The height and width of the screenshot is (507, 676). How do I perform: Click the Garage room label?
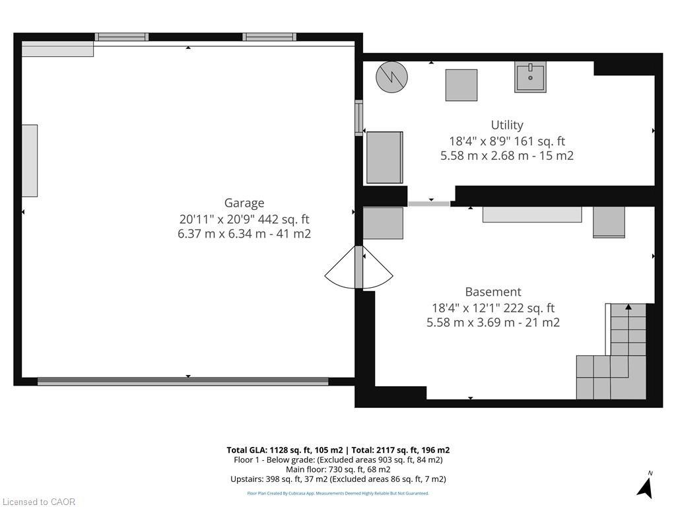(244, 203)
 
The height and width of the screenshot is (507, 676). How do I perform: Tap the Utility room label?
(507, 125)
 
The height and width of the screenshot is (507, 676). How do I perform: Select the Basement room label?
(492, 292)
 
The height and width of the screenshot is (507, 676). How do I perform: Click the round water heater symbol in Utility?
(391, 77)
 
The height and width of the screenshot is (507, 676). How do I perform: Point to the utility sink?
(530, 77)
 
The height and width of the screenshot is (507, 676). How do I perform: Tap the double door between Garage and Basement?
(358, 267)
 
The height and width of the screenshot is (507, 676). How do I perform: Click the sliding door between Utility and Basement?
(429, 203)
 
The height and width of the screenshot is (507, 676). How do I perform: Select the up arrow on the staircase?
(628, 307)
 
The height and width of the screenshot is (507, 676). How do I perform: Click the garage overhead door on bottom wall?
(183, 381)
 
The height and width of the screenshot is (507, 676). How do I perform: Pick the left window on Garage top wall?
(121, 37)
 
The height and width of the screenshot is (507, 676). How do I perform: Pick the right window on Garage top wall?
(269, 37)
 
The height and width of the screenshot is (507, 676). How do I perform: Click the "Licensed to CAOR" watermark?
(38, 502)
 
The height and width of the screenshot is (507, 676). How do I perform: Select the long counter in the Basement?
(532, 215)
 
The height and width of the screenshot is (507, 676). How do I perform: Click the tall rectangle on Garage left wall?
(30, 160)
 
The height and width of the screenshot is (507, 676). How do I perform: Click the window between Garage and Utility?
(358, 118)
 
